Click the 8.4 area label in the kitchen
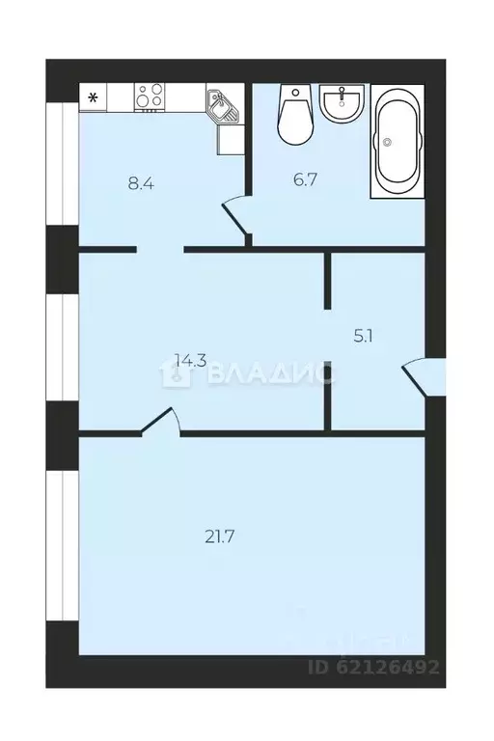click(x=141, y=180)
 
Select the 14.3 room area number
click(x=189, y=361)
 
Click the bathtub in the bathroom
click(x=398, y=141)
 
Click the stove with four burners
click(x=149, y=97)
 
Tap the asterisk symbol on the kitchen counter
click(x=94, y=97)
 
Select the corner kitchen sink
click(x=221, y=105)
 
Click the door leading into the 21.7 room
click(x=160, y=421)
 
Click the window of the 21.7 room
click(x=62, y=545)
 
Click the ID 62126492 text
click(x=373, y=667)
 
